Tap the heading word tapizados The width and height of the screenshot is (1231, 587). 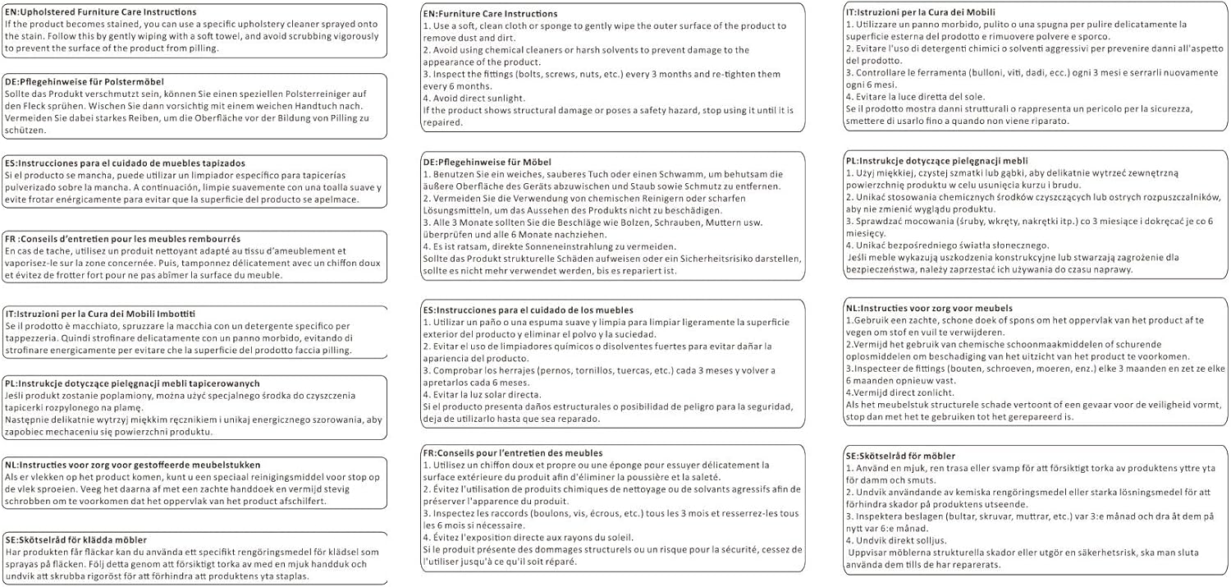point(219,163)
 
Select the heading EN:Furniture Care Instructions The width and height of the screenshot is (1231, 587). point(490,15)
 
